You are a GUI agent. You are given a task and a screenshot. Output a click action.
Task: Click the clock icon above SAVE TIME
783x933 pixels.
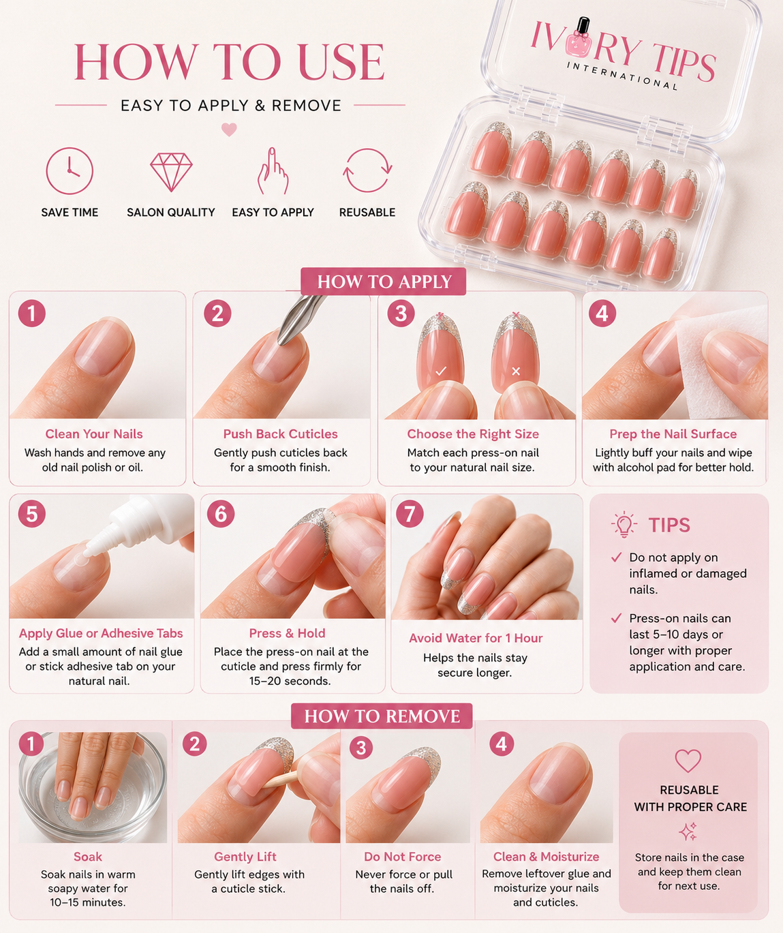click(70, 170)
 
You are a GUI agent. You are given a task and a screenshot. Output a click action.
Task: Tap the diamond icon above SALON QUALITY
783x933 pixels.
click(171, 172)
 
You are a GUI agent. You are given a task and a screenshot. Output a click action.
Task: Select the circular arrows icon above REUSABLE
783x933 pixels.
click(367, 170)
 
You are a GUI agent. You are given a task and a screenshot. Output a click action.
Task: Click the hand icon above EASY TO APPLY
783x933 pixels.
click(273, 171)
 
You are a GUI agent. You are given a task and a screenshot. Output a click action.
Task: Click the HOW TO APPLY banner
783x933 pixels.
click(384, 281)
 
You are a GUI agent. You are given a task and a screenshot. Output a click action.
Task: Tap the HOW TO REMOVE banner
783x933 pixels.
click(382, 716)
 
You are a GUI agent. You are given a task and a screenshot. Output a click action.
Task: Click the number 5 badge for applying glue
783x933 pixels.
click(32, 514)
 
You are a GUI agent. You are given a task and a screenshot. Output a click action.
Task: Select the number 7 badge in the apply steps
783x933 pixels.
click(410, 514)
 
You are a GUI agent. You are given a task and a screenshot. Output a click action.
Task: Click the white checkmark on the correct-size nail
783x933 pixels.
click(441, 371)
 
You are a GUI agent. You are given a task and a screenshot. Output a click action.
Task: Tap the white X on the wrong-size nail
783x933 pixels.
click(516, 371)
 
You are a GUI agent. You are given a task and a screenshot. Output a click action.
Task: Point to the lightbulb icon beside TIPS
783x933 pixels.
click(624, 524)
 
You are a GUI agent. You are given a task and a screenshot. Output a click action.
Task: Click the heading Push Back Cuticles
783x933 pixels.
click(280, 434)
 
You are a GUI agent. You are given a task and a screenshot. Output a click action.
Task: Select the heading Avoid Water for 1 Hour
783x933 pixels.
click(476, 638)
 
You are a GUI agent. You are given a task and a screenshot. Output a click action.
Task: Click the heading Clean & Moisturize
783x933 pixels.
click(546, 857)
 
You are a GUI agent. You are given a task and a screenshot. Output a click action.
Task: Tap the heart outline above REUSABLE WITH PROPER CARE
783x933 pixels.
click(688, 761)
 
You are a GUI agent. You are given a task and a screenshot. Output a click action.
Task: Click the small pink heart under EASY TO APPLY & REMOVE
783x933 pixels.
click(229, 129)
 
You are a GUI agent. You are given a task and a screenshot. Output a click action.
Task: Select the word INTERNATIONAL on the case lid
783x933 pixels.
click(622, 76)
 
